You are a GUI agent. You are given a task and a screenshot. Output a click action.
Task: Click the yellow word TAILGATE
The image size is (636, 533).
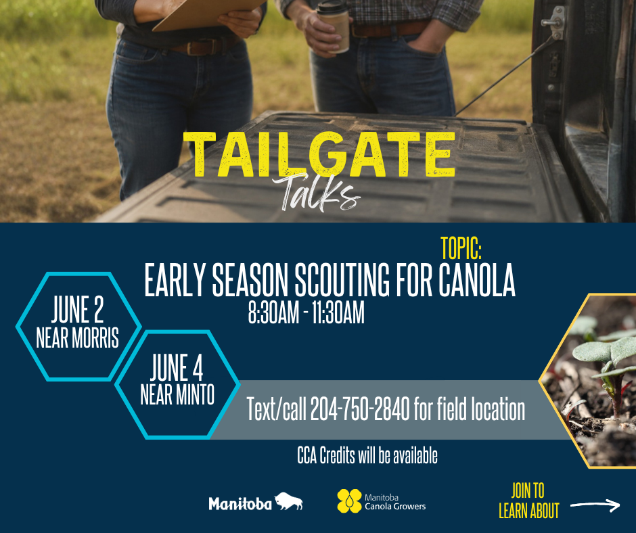[319, 154]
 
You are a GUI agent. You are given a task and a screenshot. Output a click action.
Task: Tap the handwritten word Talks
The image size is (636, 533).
[317, 192]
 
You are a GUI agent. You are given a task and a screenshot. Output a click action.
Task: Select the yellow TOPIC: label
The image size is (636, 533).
[461, 248]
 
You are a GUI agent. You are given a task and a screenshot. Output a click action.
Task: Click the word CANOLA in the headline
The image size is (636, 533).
[476, 280]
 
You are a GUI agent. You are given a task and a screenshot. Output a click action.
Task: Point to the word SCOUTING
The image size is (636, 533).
[342, 280]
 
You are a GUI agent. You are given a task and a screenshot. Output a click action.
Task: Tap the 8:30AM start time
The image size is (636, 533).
[273, 312]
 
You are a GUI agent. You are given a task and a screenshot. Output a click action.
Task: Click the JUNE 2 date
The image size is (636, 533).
[78, 310]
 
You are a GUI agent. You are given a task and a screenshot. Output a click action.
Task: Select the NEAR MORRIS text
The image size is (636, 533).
[78, 338]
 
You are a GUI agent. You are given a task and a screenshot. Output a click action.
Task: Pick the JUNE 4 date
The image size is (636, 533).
[177, 367]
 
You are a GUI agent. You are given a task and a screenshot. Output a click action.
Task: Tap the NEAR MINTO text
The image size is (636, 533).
[177, 395]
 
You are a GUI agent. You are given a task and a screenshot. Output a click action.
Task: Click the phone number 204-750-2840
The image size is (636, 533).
[360, 409]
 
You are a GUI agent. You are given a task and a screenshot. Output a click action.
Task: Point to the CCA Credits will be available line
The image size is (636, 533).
[367, 455]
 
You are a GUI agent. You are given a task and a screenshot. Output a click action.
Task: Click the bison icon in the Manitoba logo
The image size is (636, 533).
[289, 501]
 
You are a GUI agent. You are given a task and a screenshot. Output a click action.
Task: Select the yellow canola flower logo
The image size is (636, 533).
[349, 501]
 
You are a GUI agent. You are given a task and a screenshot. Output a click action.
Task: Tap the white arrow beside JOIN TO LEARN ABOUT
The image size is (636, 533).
[595, 505]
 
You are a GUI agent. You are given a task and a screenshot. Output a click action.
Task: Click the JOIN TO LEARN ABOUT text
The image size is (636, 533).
[528, 501]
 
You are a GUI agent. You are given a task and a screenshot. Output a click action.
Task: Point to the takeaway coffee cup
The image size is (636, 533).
[334, 26]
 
